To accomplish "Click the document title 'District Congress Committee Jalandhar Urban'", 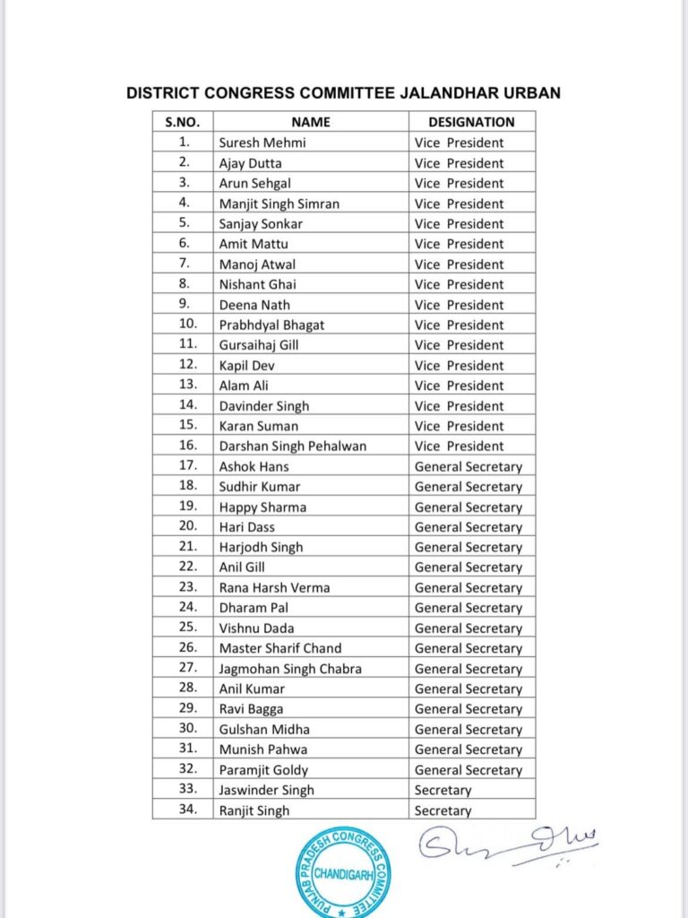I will (343, 93).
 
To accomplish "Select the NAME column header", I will (311, 122).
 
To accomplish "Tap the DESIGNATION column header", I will (471, 122).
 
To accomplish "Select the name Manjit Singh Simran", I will (279, 204).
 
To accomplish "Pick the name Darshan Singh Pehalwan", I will (293, 446).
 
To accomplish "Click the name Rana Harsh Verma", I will (274, 587).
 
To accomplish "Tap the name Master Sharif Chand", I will (280, 648).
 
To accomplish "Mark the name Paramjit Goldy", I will (263, 769).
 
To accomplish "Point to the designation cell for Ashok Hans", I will (468, 466).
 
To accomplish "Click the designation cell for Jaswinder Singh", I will (443, 790).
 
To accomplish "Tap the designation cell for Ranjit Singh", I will (443, 810).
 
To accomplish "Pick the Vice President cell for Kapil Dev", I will (459, 365).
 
